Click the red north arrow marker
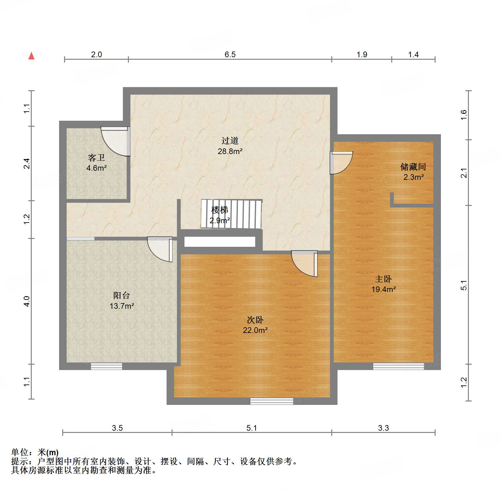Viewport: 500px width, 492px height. pyautogui.click(x=31, y=56)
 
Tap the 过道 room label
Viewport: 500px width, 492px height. pyautogui.click(x=230, y=141)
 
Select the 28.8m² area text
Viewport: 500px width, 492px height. pyautogui.click(x=230, y=151)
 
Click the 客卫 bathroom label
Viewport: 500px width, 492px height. pyautogui.click(x=96, y=157)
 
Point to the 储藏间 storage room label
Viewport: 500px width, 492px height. pyautogui.click(x=413, y=166)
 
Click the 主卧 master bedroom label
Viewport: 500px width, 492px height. pyautogui.click(x=383, y=279)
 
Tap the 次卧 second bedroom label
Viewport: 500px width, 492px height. pyautogui.click(x=255, y=320)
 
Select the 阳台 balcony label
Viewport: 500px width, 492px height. pyautogui.click(x=121, y=295)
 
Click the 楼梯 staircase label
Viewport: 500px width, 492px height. pyautogui.click(x=219, y=209)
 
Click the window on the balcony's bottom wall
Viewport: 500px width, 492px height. pyautogui.click(x=107, y=366)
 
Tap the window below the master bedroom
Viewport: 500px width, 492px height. pyautogui.click(x=398, y=366)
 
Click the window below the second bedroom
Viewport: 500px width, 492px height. pyautogui.click(x=272, y=401)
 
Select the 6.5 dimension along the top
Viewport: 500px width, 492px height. pyautogui.click(x=230, y=54)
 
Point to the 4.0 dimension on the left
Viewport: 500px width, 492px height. pyautogui.click(x=27, y=301)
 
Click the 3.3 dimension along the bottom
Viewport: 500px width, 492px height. pyautogui.click(x=383, y=428)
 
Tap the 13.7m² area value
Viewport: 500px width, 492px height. pyautogui.click(x=122, y=306)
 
